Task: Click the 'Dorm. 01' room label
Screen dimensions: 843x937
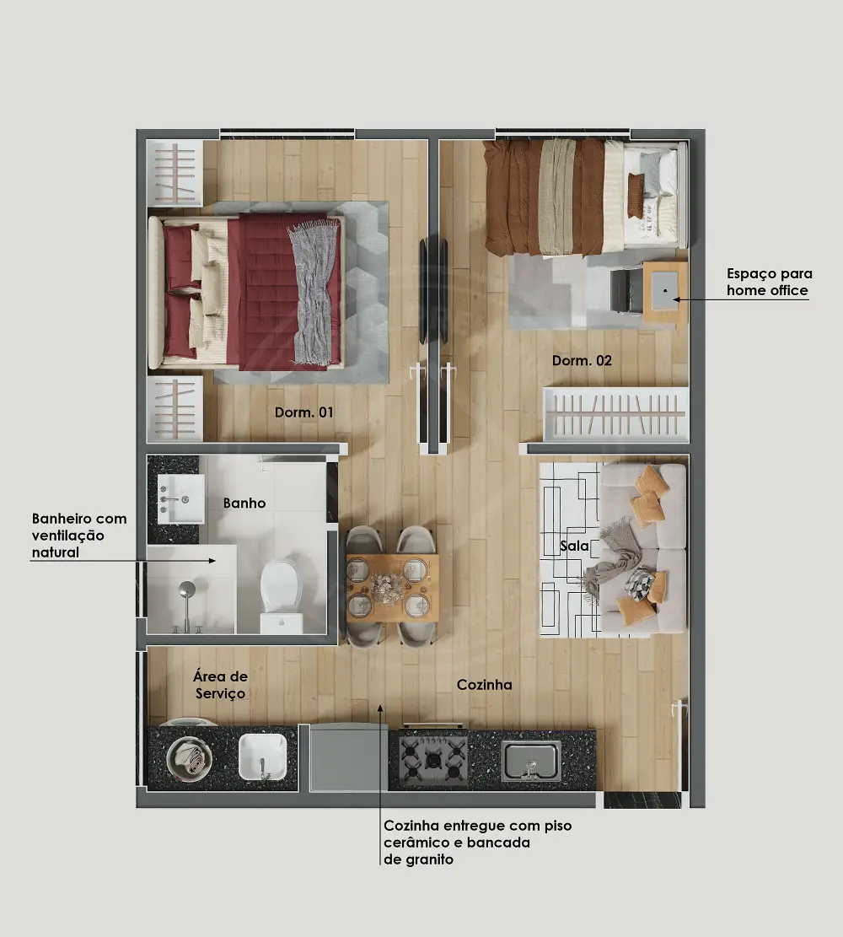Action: [x=303, y=412]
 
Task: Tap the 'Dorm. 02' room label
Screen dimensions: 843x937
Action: [x=582, y=360]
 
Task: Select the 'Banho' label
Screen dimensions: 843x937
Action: [x=244, y=504]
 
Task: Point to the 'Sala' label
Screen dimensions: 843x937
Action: [x=574, y=546]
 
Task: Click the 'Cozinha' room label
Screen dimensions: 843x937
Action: [x=484, y=685]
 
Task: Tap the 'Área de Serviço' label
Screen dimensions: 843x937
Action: [x=220, y=685]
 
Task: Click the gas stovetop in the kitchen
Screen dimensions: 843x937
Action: [x=433, y=759]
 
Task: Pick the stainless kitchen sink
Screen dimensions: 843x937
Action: [x=531, y=761]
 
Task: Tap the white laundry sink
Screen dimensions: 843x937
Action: [x=262, y=757]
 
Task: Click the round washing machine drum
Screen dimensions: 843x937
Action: [x=190, y=757]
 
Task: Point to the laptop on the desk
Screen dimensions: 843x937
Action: [x=665, y=290]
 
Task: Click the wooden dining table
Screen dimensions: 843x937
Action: [x=393, y=588]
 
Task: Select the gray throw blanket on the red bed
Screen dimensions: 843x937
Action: [x=314, y=292]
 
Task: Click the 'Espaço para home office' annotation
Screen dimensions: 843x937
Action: [x=769, y=282]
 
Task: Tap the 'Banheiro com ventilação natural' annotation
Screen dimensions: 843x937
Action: [x=79, y=536]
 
